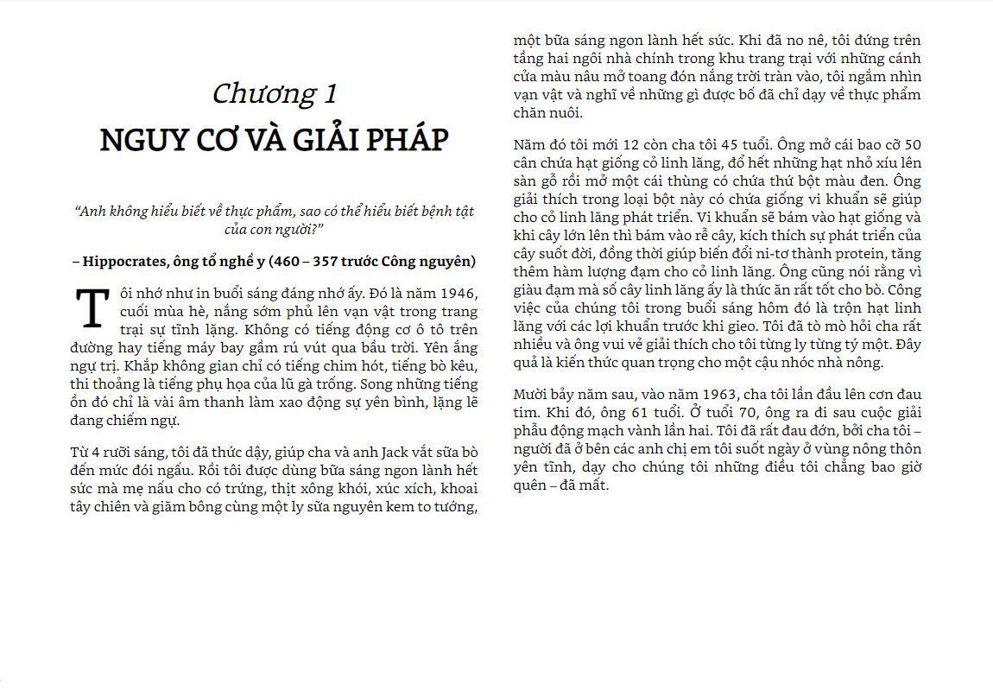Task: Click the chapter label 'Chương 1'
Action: [x=275, y=93]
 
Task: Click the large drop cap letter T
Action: [x=92, y=309]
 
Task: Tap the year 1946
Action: [x=459, y=294]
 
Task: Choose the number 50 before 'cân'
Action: [x=911, y=144]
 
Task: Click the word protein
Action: [x=844, y=253]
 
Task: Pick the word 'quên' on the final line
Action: [x=529, y=485]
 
